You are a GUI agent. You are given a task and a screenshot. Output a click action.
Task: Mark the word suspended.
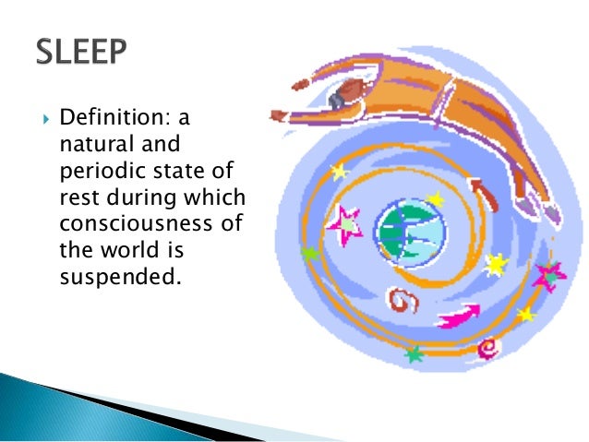[115, 274]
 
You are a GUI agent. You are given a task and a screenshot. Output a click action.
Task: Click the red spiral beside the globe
[402, 298]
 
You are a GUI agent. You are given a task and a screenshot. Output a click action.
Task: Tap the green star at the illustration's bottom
[414, 353]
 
